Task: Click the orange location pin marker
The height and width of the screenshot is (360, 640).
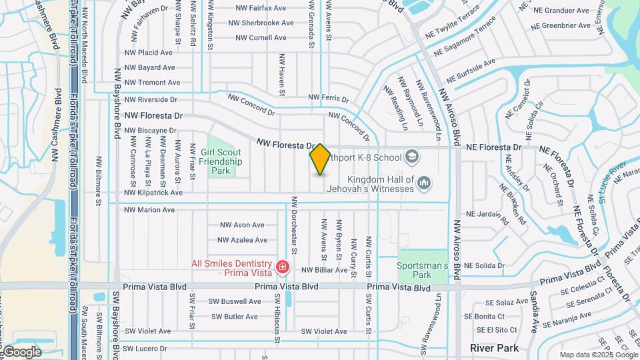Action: (x=320, y=159)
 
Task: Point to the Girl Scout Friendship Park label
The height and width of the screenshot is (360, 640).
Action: (x=221, y=161)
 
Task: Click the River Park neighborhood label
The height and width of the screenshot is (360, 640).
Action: (x=494, y=348)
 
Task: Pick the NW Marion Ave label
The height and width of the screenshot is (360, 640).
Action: (x=149, y=210)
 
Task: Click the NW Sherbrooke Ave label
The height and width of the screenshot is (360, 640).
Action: (x=261, y=23)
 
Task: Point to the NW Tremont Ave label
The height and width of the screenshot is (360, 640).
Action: (x=152, y=83)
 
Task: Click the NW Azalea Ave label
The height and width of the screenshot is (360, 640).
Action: (x=242, y=240)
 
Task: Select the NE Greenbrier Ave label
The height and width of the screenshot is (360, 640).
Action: (x=561, y=26)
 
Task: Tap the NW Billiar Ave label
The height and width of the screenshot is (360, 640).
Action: (x=325, y=270)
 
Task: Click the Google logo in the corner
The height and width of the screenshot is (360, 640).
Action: (x=23, y=351)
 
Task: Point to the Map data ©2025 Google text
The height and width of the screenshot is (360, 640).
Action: (x=598, y=355)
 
